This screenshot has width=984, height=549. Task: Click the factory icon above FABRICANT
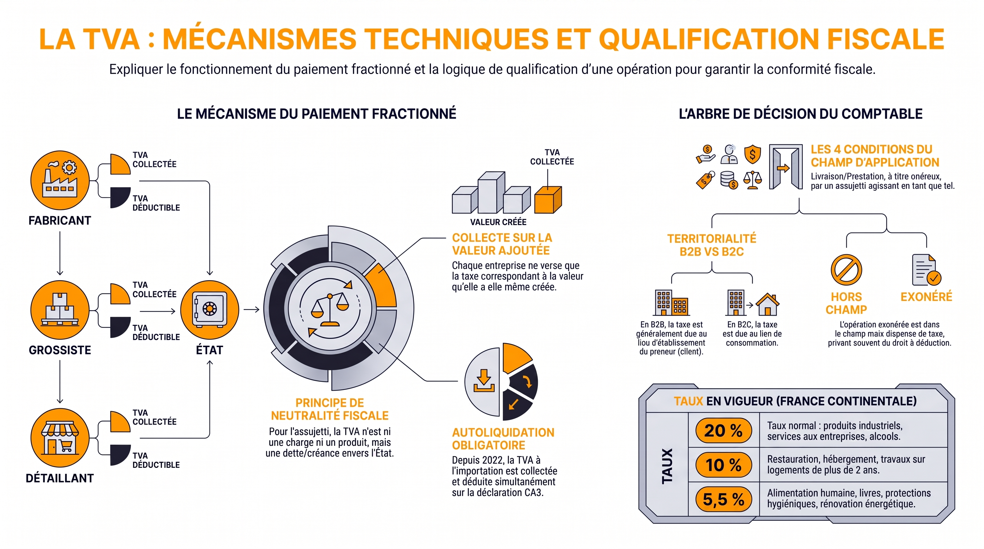point(60,180)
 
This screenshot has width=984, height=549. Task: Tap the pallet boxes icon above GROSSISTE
point(60,310)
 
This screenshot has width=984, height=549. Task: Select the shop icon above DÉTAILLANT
point(60,437)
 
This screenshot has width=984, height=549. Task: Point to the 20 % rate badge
point(723,430)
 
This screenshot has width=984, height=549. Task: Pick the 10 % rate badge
point(723,465)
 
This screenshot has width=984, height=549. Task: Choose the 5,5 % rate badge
point(723,499)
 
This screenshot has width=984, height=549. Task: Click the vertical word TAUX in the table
point(667,466)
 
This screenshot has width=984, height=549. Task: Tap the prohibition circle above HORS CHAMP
point(846,270)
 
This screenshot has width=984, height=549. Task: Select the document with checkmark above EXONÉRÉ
point(926,270)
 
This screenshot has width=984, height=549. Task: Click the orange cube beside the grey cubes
point(548,199)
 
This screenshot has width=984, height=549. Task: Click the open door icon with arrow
point(785,167)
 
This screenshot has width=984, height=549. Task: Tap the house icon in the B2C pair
point(768,304)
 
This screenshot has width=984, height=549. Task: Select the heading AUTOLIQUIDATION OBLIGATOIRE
point(503,439)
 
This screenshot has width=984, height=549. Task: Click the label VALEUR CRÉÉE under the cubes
point(498,222)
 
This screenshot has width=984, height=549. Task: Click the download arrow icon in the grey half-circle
point(484,380)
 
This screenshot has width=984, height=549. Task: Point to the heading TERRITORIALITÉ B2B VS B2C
point(712,245)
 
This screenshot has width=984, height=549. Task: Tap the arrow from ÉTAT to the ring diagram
point(251,309)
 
